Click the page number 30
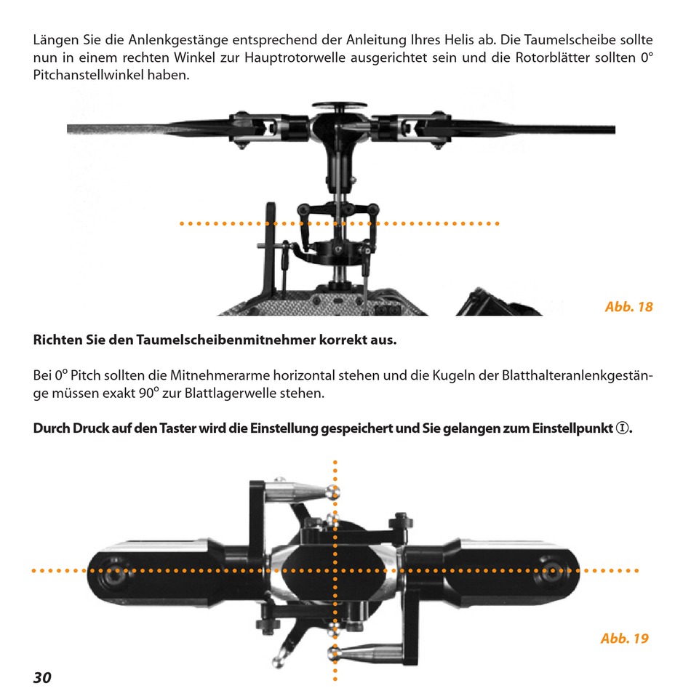pyautogui.click(x=42, y=676)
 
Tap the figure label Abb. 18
pyautogui.click(x=628, y=307)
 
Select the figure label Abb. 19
pyautogui.click(x=624, y=639)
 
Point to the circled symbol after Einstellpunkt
pyautogui.click(x=622, y=428)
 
